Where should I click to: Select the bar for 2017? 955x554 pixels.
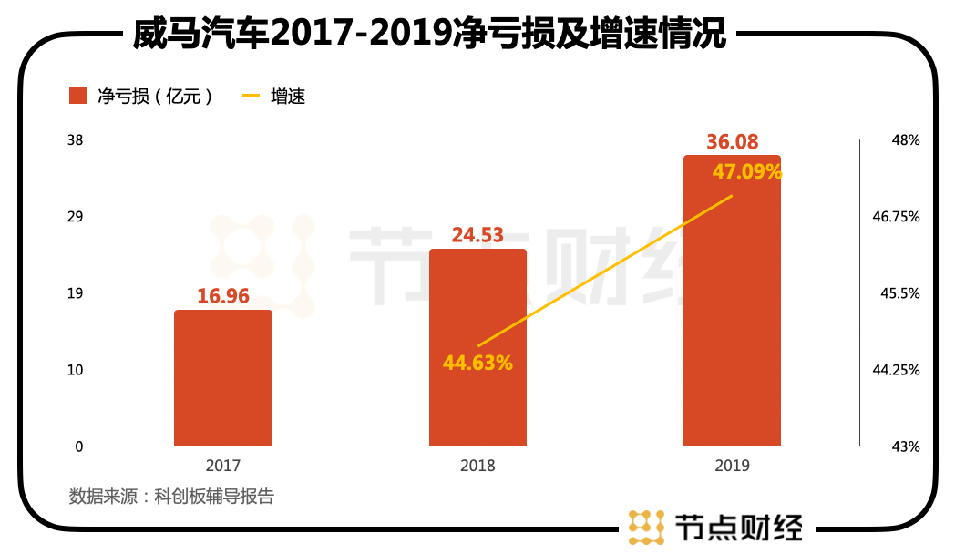223,378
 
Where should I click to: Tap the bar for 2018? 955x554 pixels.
477,347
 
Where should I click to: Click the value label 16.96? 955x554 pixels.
223,296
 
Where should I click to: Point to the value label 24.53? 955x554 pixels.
477,235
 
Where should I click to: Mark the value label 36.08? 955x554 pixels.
733,142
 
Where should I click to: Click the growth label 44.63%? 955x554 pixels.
477,363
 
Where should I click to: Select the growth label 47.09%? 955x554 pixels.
746,171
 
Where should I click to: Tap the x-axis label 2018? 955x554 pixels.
477,466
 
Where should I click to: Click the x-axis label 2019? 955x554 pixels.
732,466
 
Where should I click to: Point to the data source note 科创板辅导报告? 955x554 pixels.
171,497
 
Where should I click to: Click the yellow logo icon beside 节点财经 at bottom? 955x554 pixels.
646,527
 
